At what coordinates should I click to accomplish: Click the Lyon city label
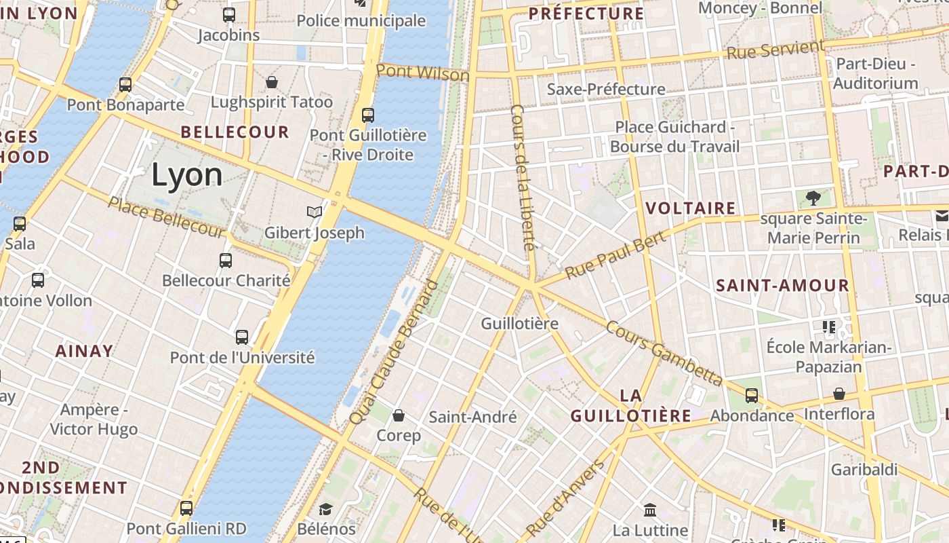click(x=186, y=175)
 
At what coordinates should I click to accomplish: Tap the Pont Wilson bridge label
click(x=422, y=72)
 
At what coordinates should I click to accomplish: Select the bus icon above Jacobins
click(x=229, y=14)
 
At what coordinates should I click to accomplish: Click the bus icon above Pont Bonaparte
click(x=125, y=85)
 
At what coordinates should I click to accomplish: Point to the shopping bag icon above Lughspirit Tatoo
click(x=272, y=82)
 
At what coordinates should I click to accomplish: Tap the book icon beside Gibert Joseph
click(x=314, y=212)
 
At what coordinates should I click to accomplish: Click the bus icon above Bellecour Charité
click(x=226, y=260)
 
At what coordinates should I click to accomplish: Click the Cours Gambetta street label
click(x=664, y=353)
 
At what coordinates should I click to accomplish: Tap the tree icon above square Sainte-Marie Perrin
click(x=813, y=198)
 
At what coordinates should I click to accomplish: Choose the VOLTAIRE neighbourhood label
click(x=691, y=208)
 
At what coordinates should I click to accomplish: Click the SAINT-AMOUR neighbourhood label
click(x=782, y=286)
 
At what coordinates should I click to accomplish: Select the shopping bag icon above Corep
click(x=399, y=415)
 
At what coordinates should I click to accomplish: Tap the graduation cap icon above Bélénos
click(x=326, y=509)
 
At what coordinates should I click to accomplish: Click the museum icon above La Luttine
click(x=650, y=510)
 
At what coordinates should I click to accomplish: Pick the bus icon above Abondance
click(x=752, y=395)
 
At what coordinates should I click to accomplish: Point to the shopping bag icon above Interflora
click(x=839, y=394)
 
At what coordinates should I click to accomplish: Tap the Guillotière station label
click(x=519, y=324)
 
